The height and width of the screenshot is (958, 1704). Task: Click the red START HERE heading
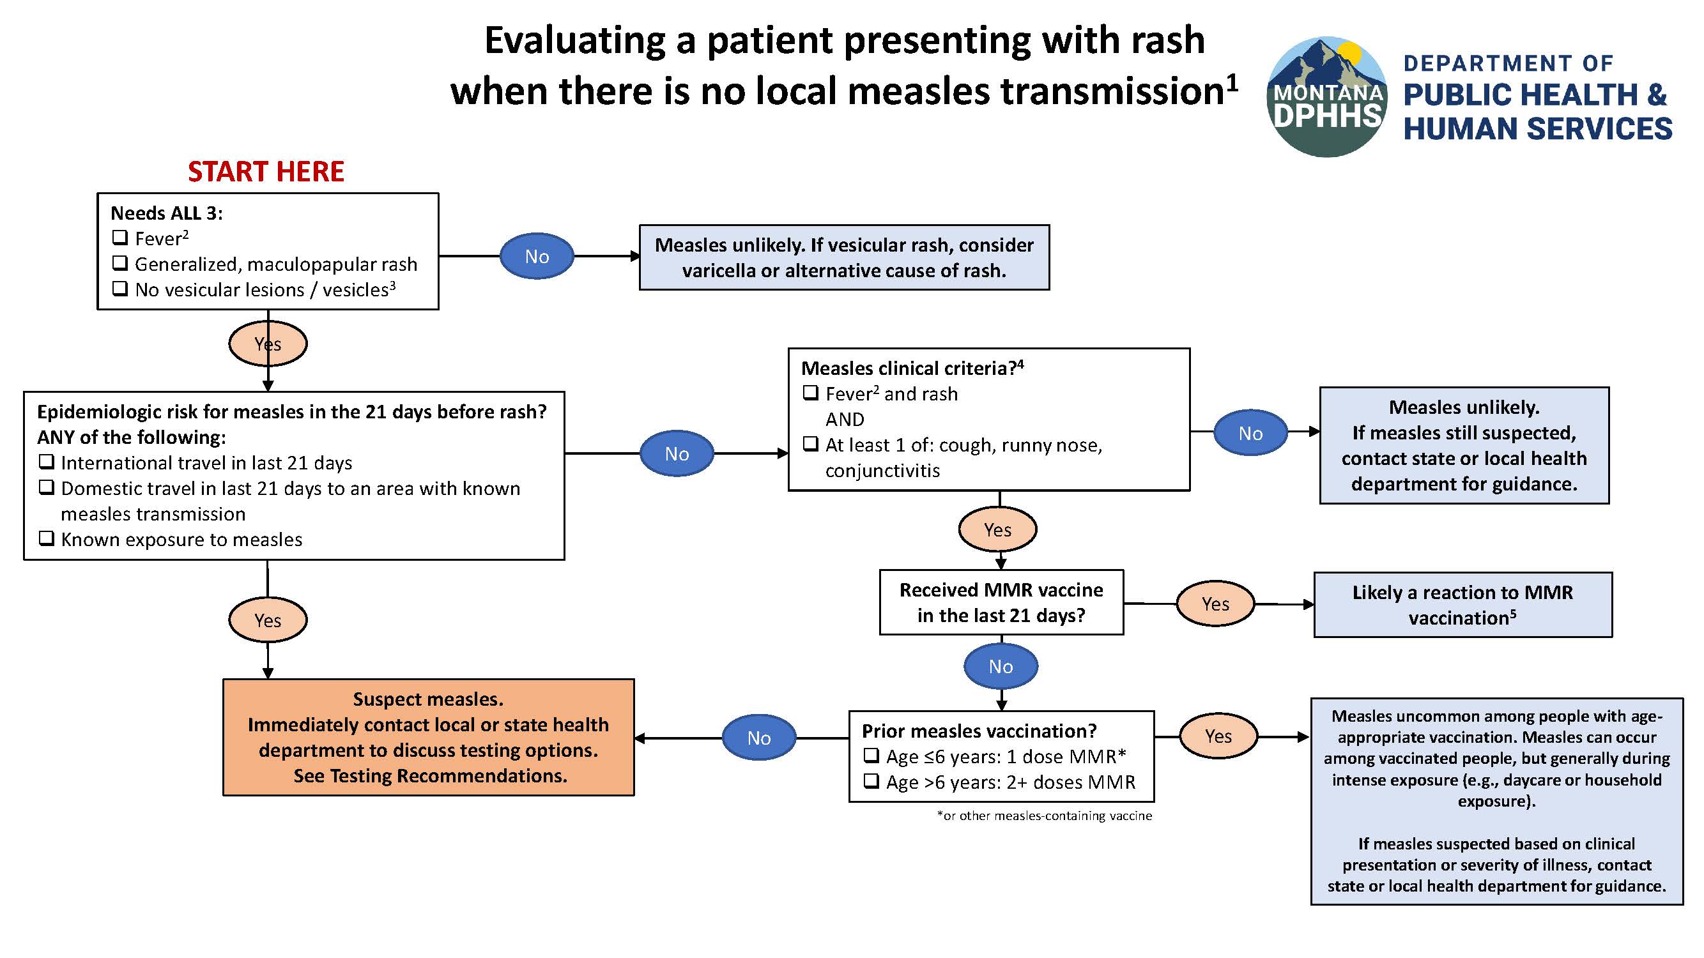tap(266, 172)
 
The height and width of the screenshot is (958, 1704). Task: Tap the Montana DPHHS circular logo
tap(1327, 97)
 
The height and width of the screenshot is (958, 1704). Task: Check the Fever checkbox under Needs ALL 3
tap(119, 238)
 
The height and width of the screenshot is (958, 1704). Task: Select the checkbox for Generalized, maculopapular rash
tap(119, 263)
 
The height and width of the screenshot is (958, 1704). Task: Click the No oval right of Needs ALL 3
tap(537, 256)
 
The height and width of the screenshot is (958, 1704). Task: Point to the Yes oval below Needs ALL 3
tap(268, 344)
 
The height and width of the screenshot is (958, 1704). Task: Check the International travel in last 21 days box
tap(46, 462)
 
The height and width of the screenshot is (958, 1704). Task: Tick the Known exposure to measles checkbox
tap(46, 538)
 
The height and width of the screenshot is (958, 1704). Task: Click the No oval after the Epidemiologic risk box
tap(677, 453)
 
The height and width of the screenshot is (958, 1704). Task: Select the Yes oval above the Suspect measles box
tap(268, 620)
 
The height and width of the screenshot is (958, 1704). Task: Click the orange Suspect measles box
tap(428, 737)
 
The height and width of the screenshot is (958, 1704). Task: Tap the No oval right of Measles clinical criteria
tap(1250, 433)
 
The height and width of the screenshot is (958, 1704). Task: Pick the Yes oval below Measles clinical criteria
tap(997, 529)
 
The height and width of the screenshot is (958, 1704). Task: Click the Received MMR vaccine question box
tap(1001, 602)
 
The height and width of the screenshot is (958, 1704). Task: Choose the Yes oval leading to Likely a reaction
tap(1215, 604)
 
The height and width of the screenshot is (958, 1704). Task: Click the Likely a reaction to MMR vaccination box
tap(1462, 605)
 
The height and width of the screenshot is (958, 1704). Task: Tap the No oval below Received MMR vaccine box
tap(1001, 666)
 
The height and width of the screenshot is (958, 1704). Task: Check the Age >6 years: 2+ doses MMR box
tap(872, 782)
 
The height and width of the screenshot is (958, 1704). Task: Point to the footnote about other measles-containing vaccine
tap(1044, 816)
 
